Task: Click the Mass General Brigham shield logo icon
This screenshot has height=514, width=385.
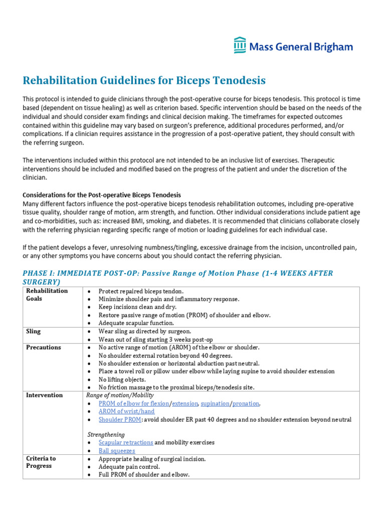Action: tap(240, 45)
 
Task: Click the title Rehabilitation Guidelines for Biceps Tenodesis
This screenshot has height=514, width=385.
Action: tap(144, 80)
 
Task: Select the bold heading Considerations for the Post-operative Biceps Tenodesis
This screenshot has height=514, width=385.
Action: tap(102, 195)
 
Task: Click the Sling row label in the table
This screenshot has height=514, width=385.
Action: tap(33, 331)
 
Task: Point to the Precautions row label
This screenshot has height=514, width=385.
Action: tap(44, 347)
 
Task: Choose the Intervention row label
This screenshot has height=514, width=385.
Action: tap(45, 395)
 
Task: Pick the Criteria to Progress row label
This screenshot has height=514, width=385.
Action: tap(41, 462)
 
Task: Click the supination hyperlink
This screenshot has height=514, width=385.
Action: tap(215, 403)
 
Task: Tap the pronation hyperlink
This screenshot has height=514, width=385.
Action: tap(246, 403)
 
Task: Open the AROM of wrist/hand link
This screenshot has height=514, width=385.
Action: tap(126, 411)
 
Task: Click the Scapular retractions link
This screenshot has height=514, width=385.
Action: tap(126, 442)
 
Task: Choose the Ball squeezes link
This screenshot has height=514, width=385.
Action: tap(117, 451)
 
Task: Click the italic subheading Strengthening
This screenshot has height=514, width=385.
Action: tap(106, 434)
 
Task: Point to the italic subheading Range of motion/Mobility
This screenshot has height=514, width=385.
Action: tap(120, 395)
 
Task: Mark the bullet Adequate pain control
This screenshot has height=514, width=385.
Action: tap(130, 466)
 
